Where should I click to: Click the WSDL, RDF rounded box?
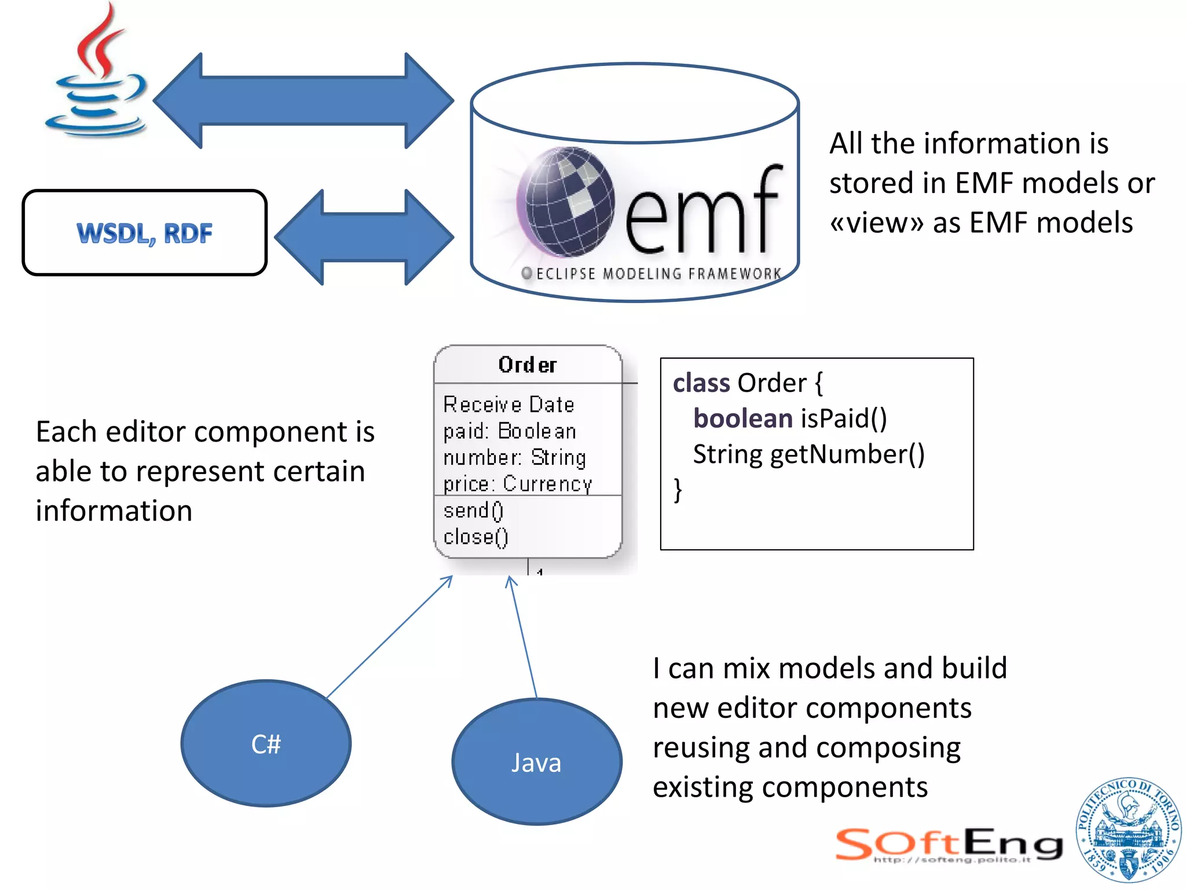click(x=145, y=232)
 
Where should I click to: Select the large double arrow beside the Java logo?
click(x=303, y=101)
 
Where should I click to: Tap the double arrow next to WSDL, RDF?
click(x=364, y=237)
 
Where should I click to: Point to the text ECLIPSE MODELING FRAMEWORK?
click(x=658, y=273)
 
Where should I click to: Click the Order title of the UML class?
click(x=528, y=365)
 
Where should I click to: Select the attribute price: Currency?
click(x=517, y=484)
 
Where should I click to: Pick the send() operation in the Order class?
click(x=473, y=510)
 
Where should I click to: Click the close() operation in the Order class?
click(x=475, y=537)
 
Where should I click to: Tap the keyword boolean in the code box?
click(x=742, y=418)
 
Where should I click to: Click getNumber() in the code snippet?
click(x=847, y=454)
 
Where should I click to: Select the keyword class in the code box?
click(x=701, y=383)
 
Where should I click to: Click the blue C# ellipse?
click(x=266, y=743)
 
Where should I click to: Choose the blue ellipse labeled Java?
click(x=536, y=762)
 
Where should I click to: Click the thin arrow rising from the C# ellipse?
click(x=389, y=637)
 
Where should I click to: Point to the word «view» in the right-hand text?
click(x=877, y=223)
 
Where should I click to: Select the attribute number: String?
click(x=514, y=458)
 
